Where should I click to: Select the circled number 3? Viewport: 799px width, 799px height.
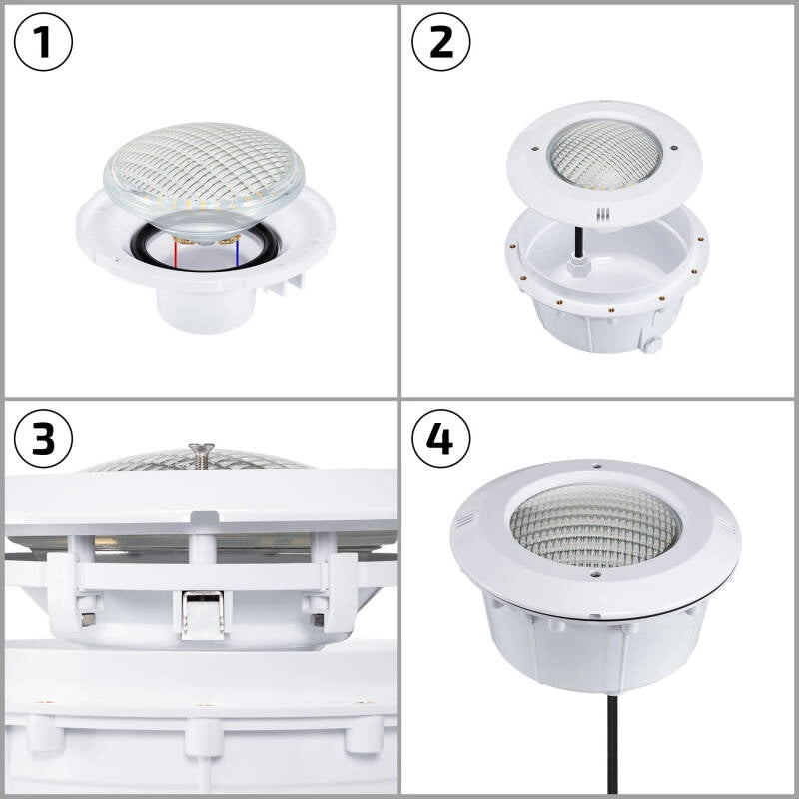[44, 439]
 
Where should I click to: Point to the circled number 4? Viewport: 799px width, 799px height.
[441, 439]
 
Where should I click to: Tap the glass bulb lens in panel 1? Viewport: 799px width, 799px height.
[204, 165]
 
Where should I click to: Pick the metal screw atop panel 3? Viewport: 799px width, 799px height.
[201, 454]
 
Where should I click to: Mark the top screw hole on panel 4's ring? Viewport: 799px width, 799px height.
[596, 465]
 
